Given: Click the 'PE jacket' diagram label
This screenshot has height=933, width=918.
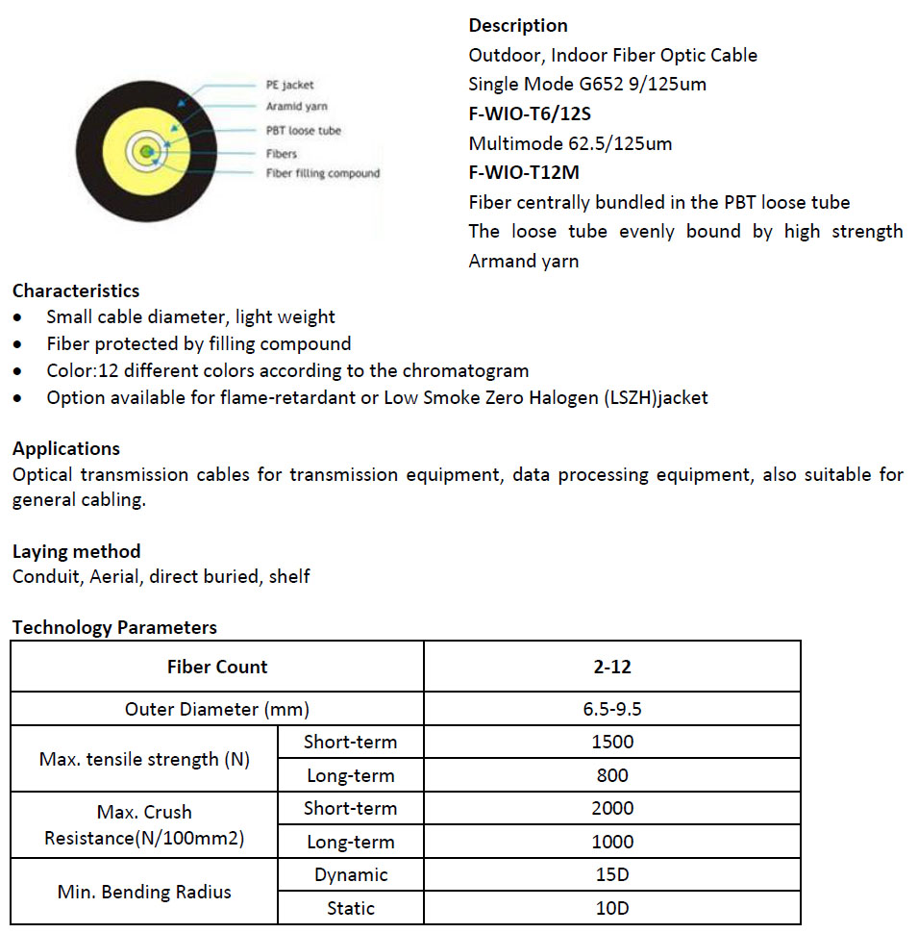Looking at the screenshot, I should [289, 85].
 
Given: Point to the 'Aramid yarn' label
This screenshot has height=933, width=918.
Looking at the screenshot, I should [296, 107].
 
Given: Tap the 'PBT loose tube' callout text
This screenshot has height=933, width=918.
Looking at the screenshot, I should [303, 130].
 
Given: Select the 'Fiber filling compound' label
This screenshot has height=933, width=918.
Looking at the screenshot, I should [322, 173].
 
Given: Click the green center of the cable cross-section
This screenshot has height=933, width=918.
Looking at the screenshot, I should [145, 151].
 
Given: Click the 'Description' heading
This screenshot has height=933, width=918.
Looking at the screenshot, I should [518, 25].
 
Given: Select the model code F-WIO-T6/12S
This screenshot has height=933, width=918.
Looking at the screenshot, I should [530, 113].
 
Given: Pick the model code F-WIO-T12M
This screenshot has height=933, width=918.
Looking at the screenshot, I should [524, 173].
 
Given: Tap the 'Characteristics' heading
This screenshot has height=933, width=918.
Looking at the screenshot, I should [76, 290].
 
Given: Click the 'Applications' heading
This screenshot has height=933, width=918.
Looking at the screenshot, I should [66, 448].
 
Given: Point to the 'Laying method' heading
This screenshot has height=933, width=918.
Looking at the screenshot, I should [77, 551].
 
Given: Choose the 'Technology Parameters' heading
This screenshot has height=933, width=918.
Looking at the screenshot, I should [114, 627].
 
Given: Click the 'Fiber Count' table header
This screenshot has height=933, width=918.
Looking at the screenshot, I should [217, 667].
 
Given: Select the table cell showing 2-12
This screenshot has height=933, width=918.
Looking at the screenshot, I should [612, 667].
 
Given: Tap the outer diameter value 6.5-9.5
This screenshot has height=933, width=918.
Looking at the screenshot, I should [612, 709].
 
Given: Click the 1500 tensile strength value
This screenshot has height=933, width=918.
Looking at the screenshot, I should [612, 742].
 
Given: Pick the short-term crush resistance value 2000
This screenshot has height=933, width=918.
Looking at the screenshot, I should [612, 808].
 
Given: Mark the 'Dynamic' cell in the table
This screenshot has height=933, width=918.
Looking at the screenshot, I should [351, 874].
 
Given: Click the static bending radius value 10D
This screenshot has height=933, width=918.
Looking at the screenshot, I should [612, 908].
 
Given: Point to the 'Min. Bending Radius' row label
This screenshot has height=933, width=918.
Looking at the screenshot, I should [144, 892].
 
